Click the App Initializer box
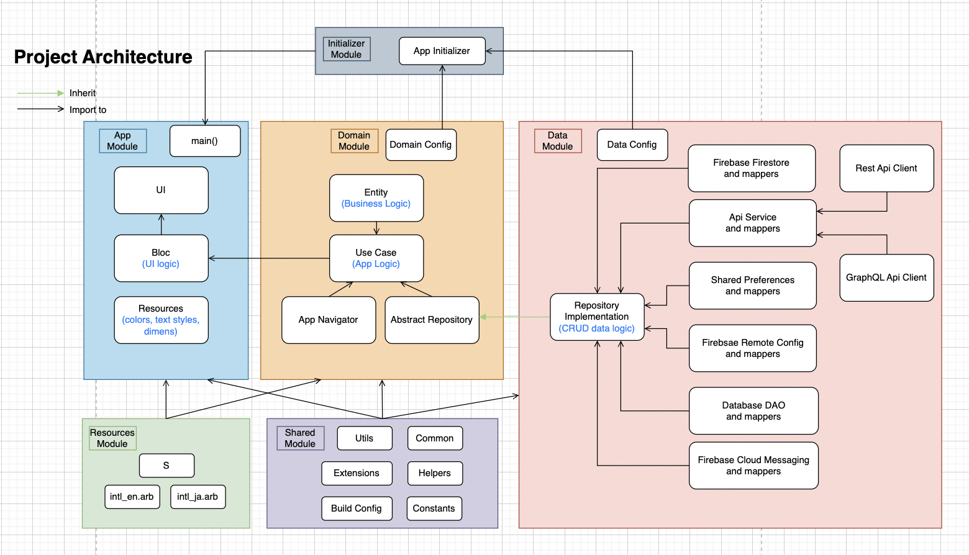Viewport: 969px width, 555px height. tap(442, 51)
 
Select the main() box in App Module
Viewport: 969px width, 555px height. tap(204, 141)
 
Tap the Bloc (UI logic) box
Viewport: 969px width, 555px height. tap(161, 258)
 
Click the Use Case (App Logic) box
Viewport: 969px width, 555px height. tap(376, 258)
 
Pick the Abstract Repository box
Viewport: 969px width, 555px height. tap(432, 320)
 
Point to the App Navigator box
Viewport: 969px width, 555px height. tap(328, 320)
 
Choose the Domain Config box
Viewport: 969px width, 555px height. tap(421, 145)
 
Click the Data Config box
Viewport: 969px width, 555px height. tap(632, 145)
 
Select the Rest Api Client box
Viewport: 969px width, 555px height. tap(886, 168)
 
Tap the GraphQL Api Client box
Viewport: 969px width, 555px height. tap(886, 277)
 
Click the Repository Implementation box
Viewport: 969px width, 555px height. tap(596, 317)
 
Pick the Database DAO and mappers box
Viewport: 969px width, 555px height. tap(753, 411)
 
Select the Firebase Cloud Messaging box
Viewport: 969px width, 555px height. tap(753, 466)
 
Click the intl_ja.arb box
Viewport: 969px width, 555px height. tap(198, 497)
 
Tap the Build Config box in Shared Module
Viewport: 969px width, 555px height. tap(357, 508)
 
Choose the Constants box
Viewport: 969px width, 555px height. tap(434, 508)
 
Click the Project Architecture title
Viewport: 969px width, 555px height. tap(103, 57)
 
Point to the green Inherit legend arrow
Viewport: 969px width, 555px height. tap(40, 93)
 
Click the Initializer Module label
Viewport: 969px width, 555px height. tap(347, 49)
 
